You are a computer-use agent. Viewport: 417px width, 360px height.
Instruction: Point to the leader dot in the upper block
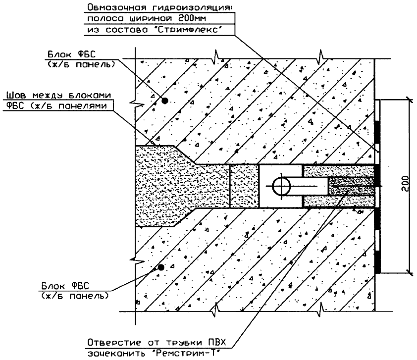165,101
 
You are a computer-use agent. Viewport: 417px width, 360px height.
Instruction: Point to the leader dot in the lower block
160,267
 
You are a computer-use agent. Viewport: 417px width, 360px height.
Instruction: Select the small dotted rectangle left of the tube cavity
244,186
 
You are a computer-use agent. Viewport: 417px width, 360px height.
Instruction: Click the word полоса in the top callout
101,18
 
